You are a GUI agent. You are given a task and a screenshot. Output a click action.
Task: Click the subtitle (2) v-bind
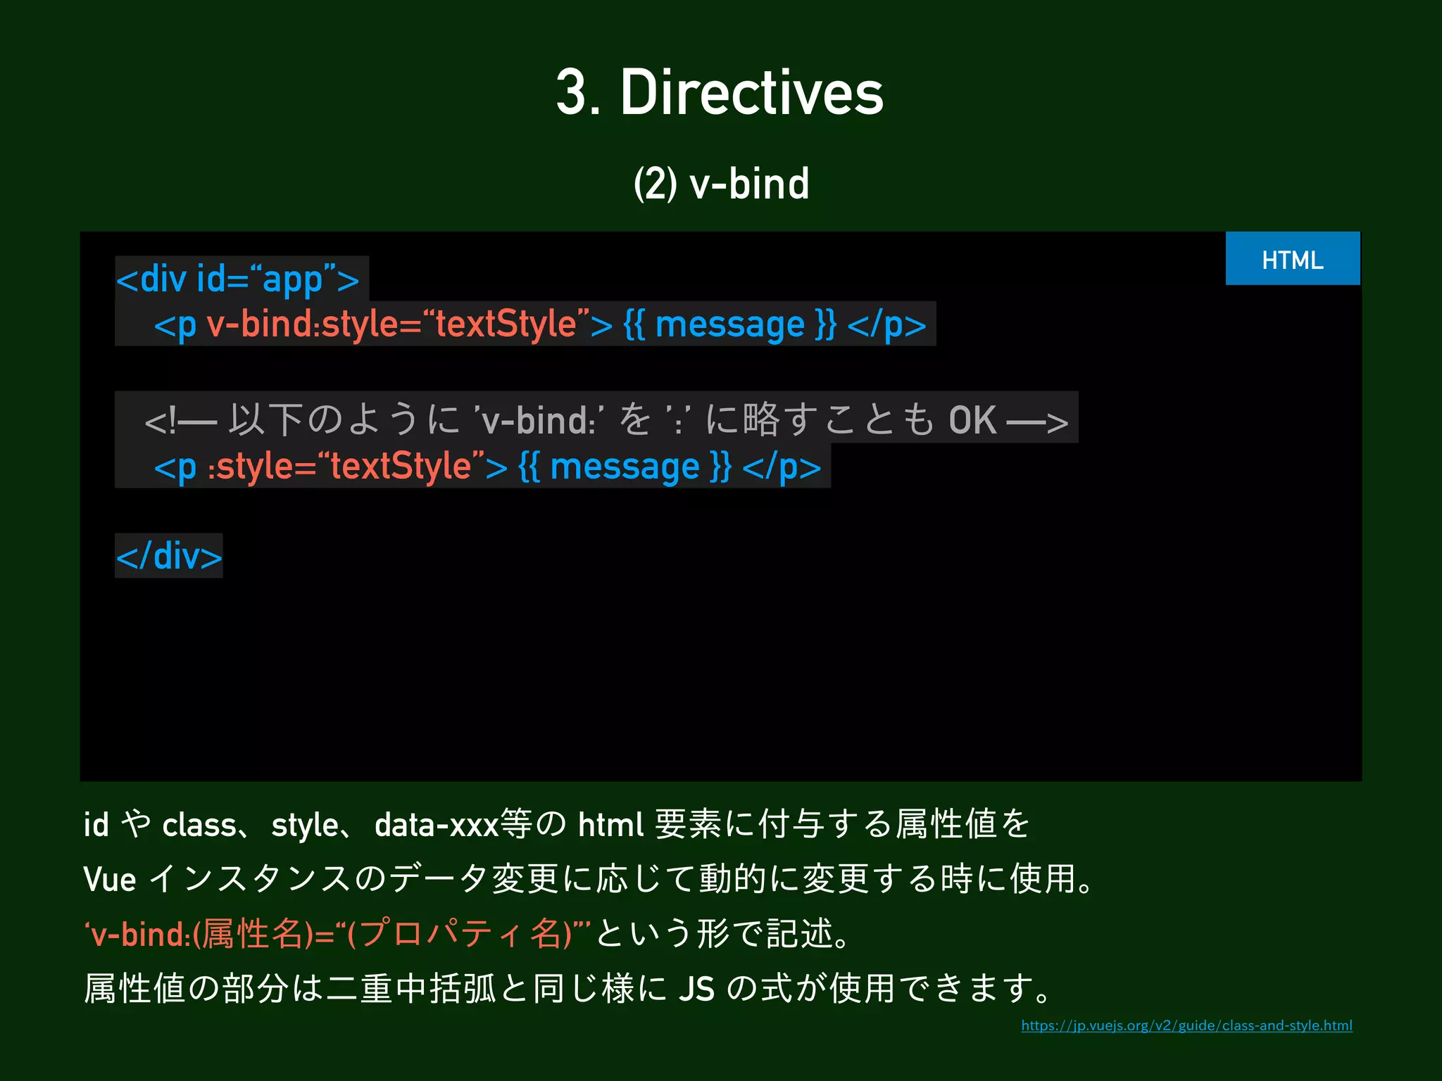(x=721, y=184)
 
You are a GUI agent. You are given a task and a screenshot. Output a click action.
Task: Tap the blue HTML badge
(x=1292, y=259)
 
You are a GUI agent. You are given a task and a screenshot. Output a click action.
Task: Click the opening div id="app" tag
(x=238, y=279)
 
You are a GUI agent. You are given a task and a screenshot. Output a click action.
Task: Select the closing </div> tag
(x=169, y=556)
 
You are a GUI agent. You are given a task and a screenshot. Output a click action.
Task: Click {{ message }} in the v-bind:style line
(x=729, y=324)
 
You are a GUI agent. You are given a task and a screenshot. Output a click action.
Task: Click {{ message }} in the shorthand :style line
(x=625, y=467)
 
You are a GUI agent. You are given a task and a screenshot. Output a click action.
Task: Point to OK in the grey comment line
(x=972, y=421)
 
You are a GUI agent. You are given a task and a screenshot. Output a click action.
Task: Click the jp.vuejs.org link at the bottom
(x=1186, y=1025)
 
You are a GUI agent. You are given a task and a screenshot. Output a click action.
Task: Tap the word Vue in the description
(x=109, y=880)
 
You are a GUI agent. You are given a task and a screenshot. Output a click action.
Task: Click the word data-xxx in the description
(x=437, y=825)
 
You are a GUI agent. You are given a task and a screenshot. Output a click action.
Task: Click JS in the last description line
(x=696, y=989)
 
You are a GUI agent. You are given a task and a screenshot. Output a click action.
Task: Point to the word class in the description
(x=199, y=825)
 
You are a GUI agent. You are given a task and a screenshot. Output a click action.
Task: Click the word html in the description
(x=610, y=825)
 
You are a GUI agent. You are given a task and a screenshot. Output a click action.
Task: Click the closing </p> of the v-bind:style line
(x=886, y=324)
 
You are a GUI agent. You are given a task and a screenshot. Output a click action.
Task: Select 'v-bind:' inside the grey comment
(x=537, y=421)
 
